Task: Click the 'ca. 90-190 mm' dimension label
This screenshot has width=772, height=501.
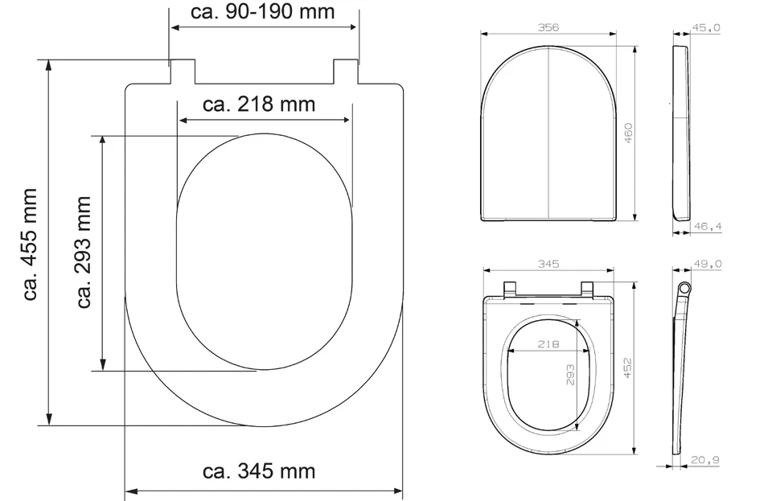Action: click(262, 12)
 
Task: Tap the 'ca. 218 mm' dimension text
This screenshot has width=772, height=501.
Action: click(259, 105)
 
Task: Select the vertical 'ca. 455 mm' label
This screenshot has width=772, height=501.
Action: click(31, 244)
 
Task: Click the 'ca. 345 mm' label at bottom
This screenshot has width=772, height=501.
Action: click(259, 470)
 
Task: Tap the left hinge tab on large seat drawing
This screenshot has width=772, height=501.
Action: click(182, 71)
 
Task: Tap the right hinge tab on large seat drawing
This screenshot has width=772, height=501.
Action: click(345, 71)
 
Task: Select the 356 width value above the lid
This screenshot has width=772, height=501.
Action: click(548, 27)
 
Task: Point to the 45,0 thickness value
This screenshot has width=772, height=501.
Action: click(707, 27)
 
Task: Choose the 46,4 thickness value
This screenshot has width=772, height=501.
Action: click(707, 228)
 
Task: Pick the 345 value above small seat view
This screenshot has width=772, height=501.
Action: click(548, 264)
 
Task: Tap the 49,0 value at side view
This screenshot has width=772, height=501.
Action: click(707, 264)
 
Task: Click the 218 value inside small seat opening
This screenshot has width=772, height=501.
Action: click(548, 343)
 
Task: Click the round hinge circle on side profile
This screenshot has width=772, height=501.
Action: click(684, 289)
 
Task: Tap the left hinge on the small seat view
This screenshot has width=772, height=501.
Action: click(508, 289)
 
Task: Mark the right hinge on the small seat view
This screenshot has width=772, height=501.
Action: click(587, 289)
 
